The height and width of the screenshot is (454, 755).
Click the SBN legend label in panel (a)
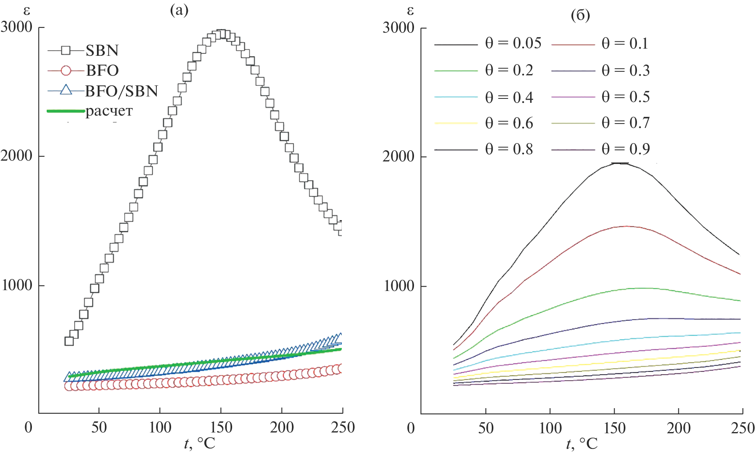coord(102,51)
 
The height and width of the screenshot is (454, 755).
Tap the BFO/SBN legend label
coord(121,91)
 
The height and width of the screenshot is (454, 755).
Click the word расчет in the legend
coord(109,111)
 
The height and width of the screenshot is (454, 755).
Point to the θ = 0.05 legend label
coord(513,43)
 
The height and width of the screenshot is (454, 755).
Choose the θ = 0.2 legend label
coord(509,70)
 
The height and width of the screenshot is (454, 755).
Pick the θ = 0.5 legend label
coord(625,97)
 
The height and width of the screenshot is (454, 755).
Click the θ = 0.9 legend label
coord(625,149)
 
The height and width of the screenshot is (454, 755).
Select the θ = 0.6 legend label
coord(509,123)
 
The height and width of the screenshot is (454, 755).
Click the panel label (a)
coord(179,10)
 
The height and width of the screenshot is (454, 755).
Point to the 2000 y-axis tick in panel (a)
coord(17,156)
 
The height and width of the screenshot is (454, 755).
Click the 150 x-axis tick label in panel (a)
coord(221,428)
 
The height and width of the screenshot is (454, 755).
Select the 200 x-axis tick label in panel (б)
coord(679,428)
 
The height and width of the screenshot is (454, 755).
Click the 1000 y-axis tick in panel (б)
coord(399,286)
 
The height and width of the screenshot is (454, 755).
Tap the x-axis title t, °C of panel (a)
coord(199,443)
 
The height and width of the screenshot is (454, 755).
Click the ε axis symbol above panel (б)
coord(410,11)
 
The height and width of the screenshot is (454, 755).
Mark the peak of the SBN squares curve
coord(221,34)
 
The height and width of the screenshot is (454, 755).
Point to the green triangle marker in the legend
coord(66,90)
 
